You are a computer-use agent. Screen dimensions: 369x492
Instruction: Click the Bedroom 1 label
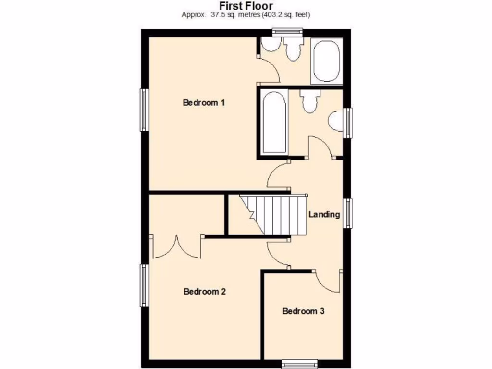pos(204,102)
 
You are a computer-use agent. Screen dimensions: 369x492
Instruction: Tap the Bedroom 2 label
pos(205,291)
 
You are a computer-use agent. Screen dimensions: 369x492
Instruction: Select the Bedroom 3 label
pos(303,311)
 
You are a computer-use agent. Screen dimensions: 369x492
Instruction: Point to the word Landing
pos(324,214)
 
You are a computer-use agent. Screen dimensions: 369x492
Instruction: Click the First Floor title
pos(246,6)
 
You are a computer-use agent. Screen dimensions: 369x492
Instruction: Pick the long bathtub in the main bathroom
pos(274,122)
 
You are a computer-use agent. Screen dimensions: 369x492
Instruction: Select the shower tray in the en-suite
pos(327,61)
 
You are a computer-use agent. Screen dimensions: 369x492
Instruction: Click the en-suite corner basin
pos(270,44)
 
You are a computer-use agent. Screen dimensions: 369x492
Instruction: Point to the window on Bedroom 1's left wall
pos(144,110)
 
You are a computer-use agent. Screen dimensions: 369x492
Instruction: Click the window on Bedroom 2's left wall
pos(144,284)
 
